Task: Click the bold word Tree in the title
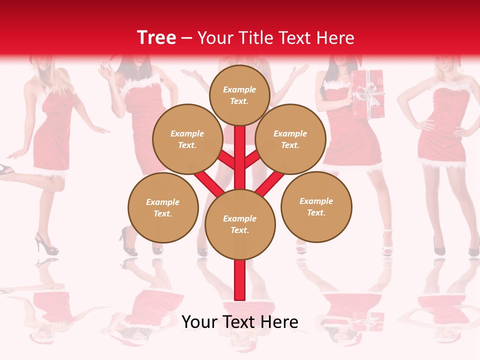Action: (156, 37)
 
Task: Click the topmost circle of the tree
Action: (239, 95)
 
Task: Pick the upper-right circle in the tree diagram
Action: (290, 139)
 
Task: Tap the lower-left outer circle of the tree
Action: (163, 207)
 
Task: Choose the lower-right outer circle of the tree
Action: (316, 206)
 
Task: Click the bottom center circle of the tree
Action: (240, 224)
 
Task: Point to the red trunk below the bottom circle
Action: (240, 280)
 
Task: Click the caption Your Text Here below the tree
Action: (240, 322)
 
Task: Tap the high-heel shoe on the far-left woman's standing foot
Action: (45, 244)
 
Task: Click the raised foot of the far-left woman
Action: (6, 169)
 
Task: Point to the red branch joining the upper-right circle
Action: (252, 159)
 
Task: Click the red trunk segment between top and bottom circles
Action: (240, 155)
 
